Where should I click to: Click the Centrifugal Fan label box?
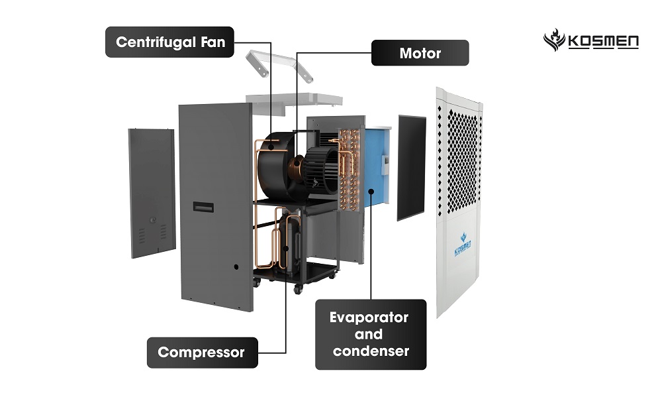coord(170,42)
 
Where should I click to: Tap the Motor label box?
coord(420,53)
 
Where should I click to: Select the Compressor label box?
coord(201,352)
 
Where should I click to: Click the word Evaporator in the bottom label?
coord(369,317)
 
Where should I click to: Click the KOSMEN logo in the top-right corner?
coord(591,41)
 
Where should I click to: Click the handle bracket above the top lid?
coord(278,63)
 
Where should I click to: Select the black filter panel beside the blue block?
coord(412,167)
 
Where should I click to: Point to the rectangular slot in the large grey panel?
coord(203,207)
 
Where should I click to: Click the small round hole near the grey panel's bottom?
coord(236,267)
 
